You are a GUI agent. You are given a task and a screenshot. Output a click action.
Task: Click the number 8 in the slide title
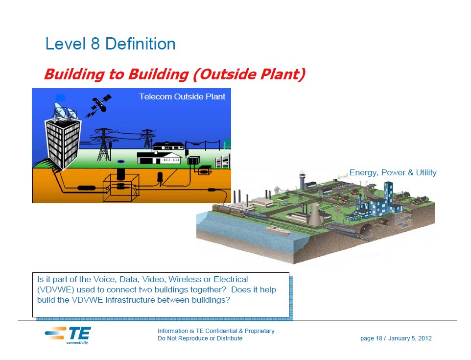tap(95, 44)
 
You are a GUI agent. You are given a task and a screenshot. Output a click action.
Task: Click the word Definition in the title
tap(141, 44)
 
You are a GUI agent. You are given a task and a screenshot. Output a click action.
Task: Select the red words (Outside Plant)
tap(249, 74)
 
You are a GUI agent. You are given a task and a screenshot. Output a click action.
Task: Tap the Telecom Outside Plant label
tap(182, 96)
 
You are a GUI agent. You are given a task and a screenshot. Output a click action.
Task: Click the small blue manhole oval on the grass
tap(121, 161)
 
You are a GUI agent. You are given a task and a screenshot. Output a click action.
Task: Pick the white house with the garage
tap(159, 157)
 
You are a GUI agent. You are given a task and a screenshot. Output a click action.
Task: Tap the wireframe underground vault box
tap(121, 188)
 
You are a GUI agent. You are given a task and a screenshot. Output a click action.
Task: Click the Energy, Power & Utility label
tap(393, 173)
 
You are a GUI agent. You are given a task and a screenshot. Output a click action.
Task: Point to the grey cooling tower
tap(314, 214)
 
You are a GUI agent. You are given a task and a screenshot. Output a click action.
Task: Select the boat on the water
tap(277, 230)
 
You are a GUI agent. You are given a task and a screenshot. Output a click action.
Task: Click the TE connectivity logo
tap(68, 335)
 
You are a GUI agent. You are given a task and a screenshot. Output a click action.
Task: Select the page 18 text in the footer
tap(371, 338)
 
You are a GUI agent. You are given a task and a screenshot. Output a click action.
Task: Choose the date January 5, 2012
tap(410, 338)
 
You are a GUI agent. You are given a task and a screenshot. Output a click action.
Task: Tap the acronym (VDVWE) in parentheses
tap(56, 289)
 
